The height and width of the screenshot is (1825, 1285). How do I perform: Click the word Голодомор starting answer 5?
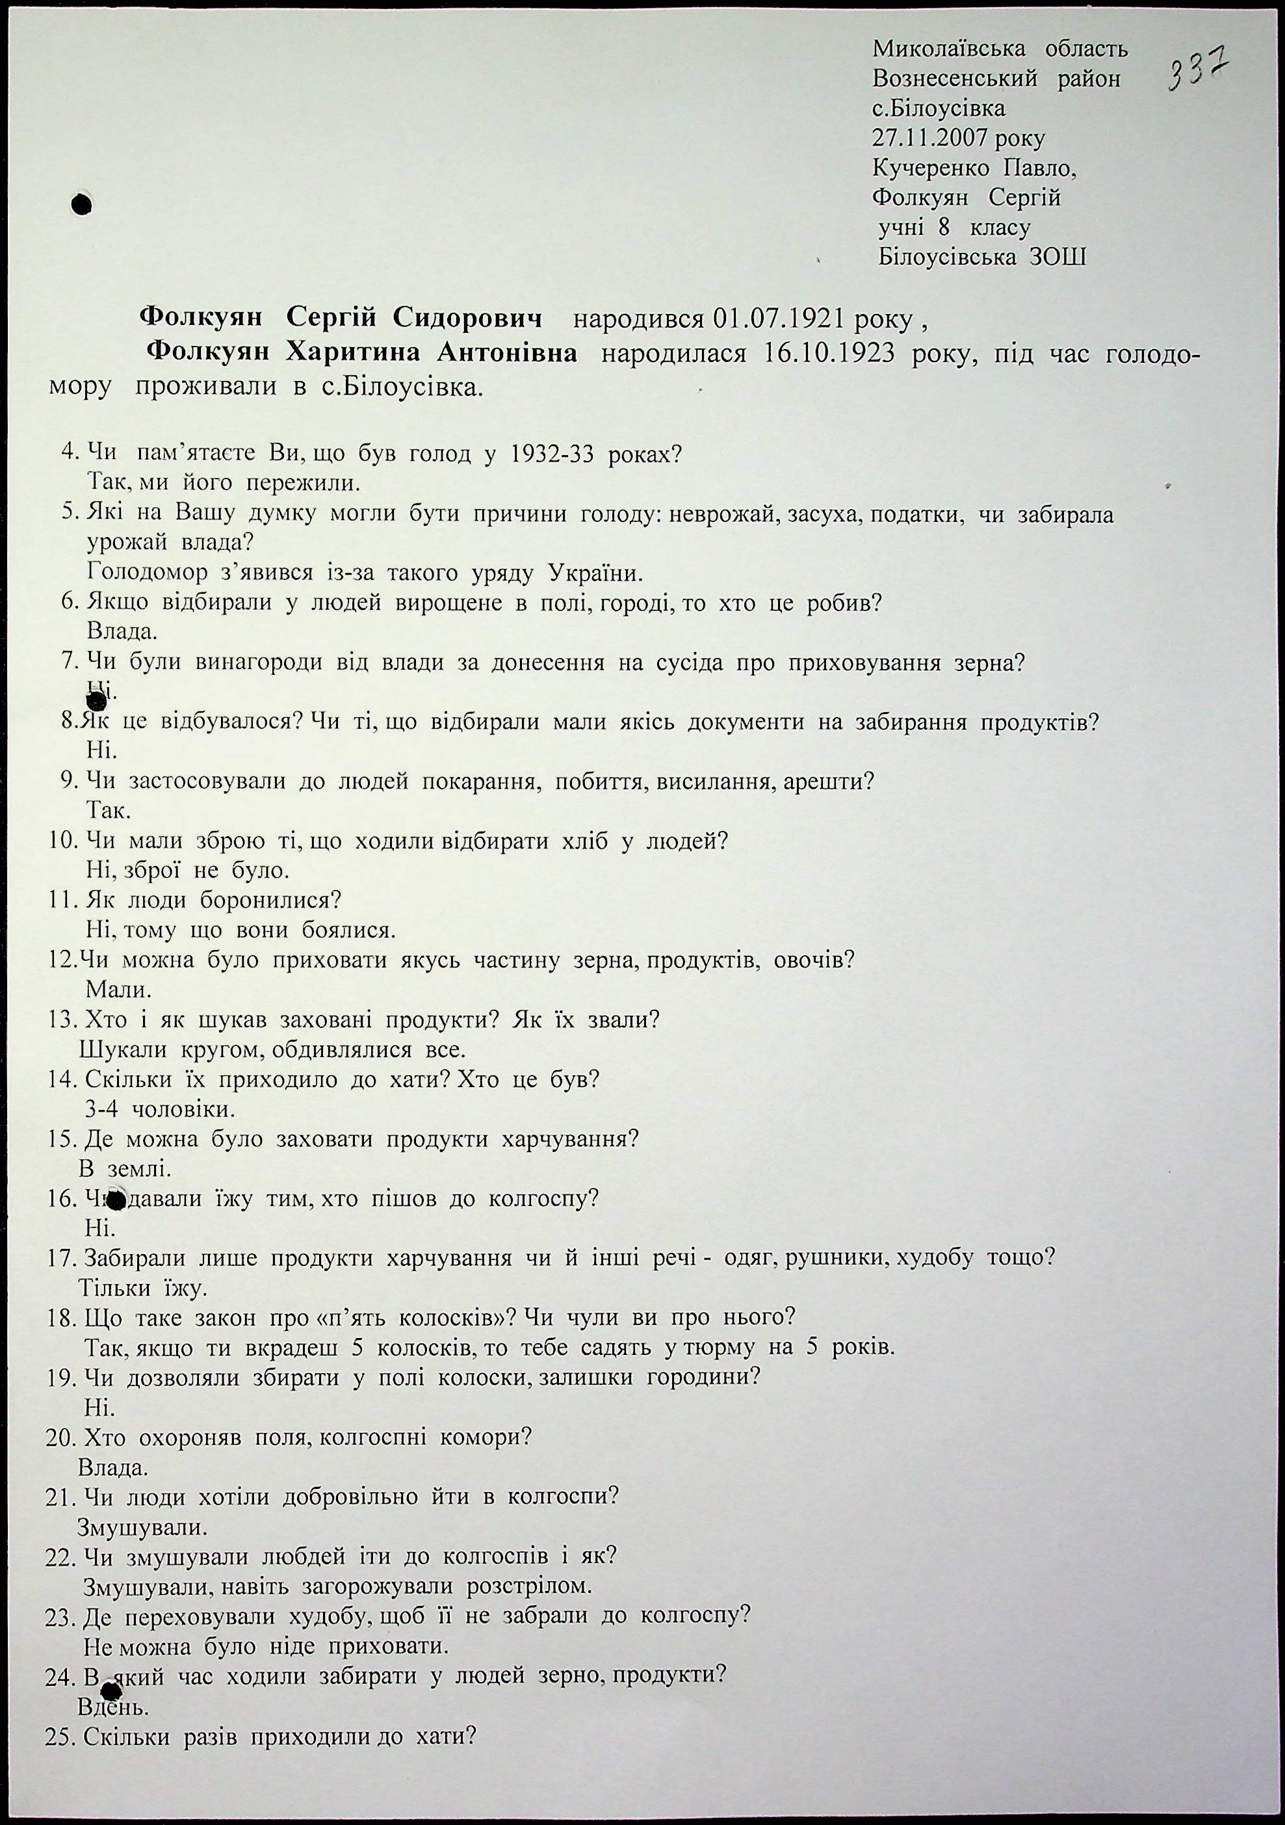(x=147, y=572)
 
